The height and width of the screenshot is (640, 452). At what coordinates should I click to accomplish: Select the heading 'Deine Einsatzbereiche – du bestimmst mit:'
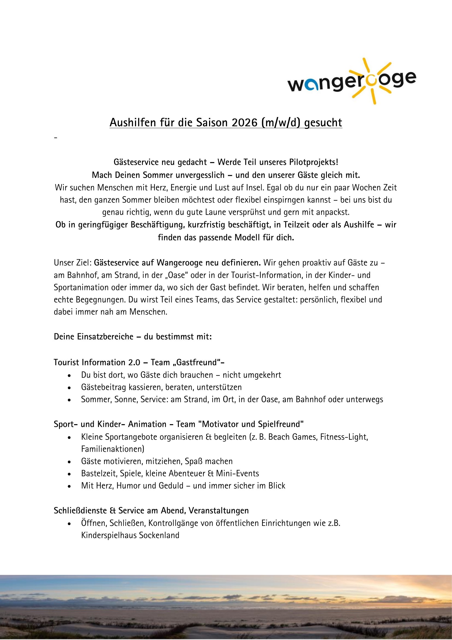tap(133, 337)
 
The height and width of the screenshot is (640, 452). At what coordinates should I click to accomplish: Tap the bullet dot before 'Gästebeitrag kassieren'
tap(69, 387)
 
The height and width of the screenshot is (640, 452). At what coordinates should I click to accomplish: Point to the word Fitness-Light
tap(344, 437)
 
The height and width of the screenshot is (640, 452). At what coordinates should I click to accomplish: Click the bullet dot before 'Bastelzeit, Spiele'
tap(69, 474)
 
